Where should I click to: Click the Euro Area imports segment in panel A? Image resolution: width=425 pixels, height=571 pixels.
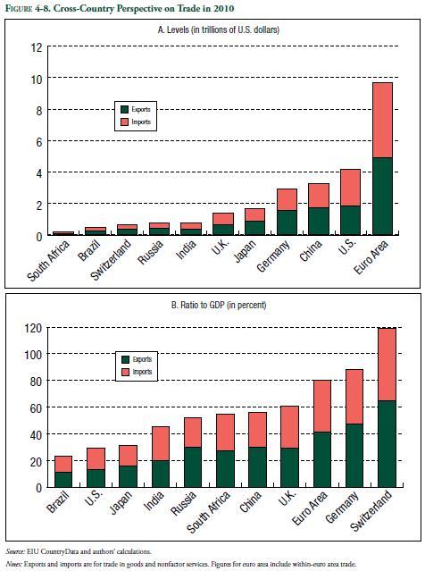tap(383, 120)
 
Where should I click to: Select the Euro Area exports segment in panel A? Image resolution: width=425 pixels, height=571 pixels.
tap(383, 197)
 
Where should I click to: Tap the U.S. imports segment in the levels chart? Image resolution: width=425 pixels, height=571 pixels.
tap(350, 188)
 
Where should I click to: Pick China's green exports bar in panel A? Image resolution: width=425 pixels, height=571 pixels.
tap(319, 222)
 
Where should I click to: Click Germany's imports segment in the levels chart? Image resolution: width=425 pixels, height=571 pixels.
tap(287, 199)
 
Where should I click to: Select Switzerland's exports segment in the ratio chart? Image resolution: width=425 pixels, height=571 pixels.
tap(387, 444)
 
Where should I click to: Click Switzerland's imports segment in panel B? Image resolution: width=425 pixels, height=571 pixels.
tap(387, 365)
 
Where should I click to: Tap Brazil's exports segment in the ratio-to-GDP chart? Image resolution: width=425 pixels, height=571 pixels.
tap(63, 480)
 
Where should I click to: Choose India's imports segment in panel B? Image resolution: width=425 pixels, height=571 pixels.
tap(161, 443)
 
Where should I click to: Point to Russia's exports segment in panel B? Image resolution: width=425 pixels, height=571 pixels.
tap(193, 467)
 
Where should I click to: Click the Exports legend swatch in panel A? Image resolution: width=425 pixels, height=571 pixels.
tap(124, 109)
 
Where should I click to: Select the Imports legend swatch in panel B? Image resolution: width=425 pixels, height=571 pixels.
tap(126, 372)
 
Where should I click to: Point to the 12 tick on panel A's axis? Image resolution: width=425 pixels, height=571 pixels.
tap(37, 47)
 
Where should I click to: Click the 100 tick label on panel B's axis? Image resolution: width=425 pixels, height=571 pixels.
tap(33, 354)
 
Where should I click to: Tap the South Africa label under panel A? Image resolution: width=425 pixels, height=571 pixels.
tap(48, 261)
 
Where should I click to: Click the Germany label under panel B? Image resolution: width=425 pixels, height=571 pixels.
tap(342, 507)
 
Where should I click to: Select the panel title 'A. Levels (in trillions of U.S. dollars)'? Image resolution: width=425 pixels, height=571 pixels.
tap(219, 29)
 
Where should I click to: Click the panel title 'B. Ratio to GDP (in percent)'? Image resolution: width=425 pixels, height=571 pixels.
tap(219, 305)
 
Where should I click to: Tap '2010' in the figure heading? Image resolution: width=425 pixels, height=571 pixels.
tap(223, 8)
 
